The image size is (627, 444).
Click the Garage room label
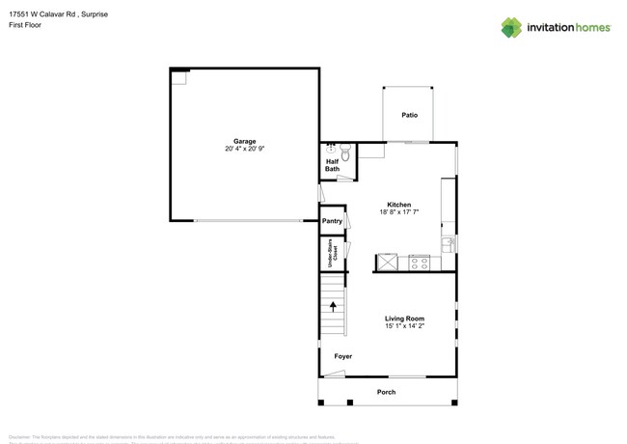coord(244,141)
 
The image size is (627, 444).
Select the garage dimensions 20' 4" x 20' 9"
coord(244,149)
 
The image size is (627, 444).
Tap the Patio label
coord(410,115)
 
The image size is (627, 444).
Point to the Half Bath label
coord(332,165)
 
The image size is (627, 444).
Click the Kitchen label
coord(399,205)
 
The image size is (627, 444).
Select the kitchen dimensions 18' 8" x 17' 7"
coord(399,212)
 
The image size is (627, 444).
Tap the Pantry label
coord(332,221)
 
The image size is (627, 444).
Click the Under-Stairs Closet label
coord(333,254)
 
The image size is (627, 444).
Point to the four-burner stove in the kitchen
coord(419,262)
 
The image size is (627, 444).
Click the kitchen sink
coord(448,244)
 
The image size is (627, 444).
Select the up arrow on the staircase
coord(335,306)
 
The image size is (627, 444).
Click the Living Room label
coord(405,319)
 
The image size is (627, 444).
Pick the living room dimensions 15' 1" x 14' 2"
coord(405,326)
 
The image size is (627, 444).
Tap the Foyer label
coord(343,356)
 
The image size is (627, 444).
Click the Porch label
coord(386,392)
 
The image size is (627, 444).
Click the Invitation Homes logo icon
coord(511,28)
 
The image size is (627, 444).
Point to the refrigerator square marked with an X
coord(387,262)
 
